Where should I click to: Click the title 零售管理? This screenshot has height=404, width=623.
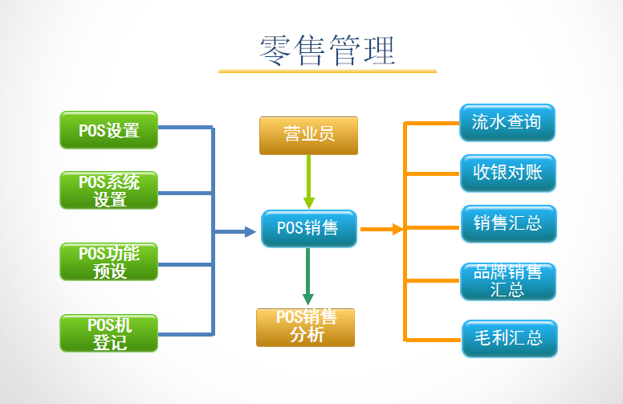pos(328,50)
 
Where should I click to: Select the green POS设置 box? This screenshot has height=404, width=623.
pos(109,129)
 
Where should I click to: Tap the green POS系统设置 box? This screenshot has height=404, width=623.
pos(109,190)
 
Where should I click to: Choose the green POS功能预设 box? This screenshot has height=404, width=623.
pos(109,263)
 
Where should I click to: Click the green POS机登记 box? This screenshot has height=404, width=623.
pos(109,333)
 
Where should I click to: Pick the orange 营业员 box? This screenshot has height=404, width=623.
pos(308,135)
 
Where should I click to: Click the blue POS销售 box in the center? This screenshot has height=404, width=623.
pos(308,228)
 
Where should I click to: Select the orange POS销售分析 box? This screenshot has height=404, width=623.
pos(305,327)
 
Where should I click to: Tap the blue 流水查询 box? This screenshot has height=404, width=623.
pos(507,123)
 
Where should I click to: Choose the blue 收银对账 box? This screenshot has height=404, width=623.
pos(507,173)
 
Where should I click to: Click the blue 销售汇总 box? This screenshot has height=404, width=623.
pos(508,223)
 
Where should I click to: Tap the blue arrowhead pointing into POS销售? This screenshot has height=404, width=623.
pos(249,232)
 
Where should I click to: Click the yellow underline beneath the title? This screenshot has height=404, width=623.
pos(328,71)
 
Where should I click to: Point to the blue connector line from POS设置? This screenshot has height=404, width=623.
pos(185,128)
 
